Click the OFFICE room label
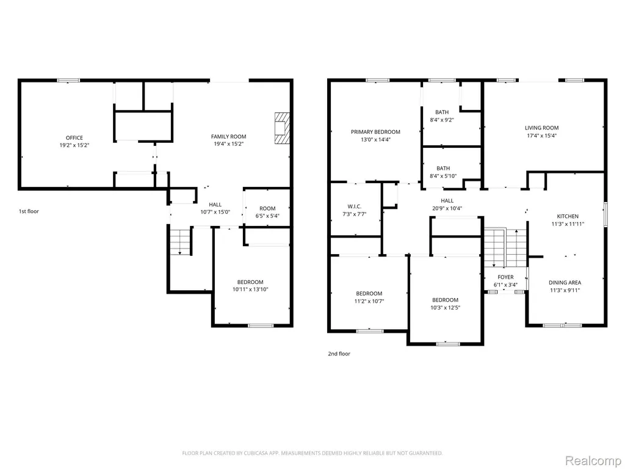(x=74, y=138)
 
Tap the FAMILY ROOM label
(x=228, y=136)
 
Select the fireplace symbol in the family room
(x=281, y=128)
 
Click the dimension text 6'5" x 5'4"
(x=267, y=216)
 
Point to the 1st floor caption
(x=29, y=211)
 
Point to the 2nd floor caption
(x=339, y=354)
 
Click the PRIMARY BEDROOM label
(x=375, y=132)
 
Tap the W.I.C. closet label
(x=355, y=206)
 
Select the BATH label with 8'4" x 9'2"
(x=442, y=112)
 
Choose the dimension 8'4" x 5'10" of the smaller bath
(x=443, y=176)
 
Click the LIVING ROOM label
(x=542, y=128)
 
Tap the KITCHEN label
(x=568, y=217)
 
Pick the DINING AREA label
(x=565, y=283)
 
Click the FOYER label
(x=505, y=277)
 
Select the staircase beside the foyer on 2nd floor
(x=505, y=248)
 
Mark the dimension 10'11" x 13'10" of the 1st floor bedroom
(x=250, y=289)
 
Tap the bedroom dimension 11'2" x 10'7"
(x=369, y=302)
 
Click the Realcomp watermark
(x=592, y=460)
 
